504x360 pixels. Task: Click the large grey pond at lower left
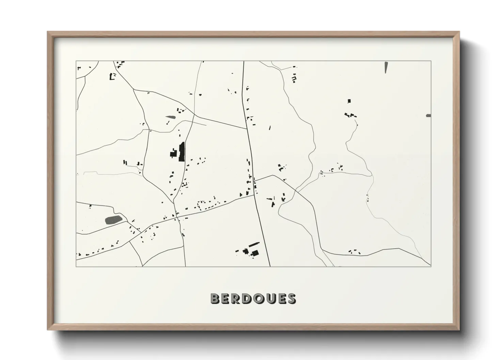[113, 219]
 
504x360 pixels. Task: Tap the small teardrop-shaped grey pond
[170, 117]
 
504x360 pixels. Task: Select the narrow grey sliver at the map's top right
[386, 67]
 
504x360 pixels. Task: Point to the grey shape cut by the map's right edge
[428, 116]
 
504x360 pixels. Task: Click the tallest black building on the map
[182, 151]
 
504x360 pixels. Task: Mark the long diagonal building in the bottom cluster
[254, 244]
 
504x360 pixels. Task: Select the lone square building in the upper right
[349, 101]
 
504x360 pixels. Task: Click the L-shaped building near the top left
[112, 77]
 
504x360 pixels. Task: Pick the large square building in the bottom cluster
[255, 252]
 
